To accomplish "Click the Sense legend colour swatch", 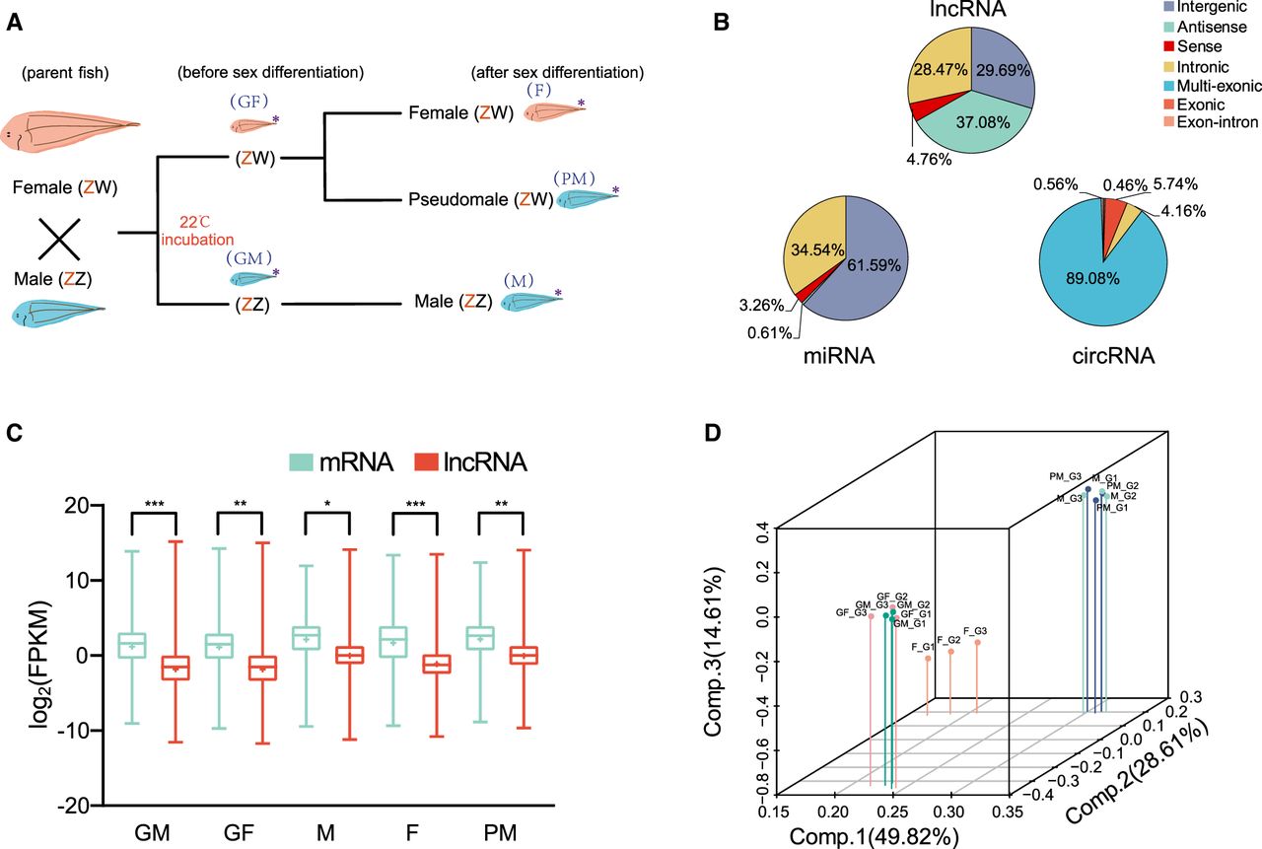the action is pos(1169,46).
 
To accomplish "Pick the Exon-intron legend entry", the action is pos(1211,122).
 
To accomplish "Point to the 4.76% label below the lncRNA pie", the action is pos(929,160).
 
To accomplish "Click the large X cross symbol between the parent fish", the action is pos(58,240).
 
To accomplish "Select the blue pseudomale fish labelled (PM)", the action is pos(586,199).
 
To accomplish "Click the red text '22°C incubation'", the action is pos(197,231).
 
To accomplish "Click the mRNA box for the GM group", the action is pos(132,645).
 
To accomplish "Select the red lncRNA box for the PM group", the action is pos(524,655).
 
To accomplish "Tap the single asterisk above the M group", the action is pos(327,504).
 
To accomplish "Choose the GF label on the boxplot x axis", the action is pos(239,832).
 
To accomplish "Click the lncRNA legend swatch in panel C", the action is pos(426,461).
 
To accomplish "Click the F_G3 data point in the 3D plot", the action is pos(977,642).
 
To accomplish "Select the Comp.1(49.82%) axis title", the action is pos(874,837).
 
